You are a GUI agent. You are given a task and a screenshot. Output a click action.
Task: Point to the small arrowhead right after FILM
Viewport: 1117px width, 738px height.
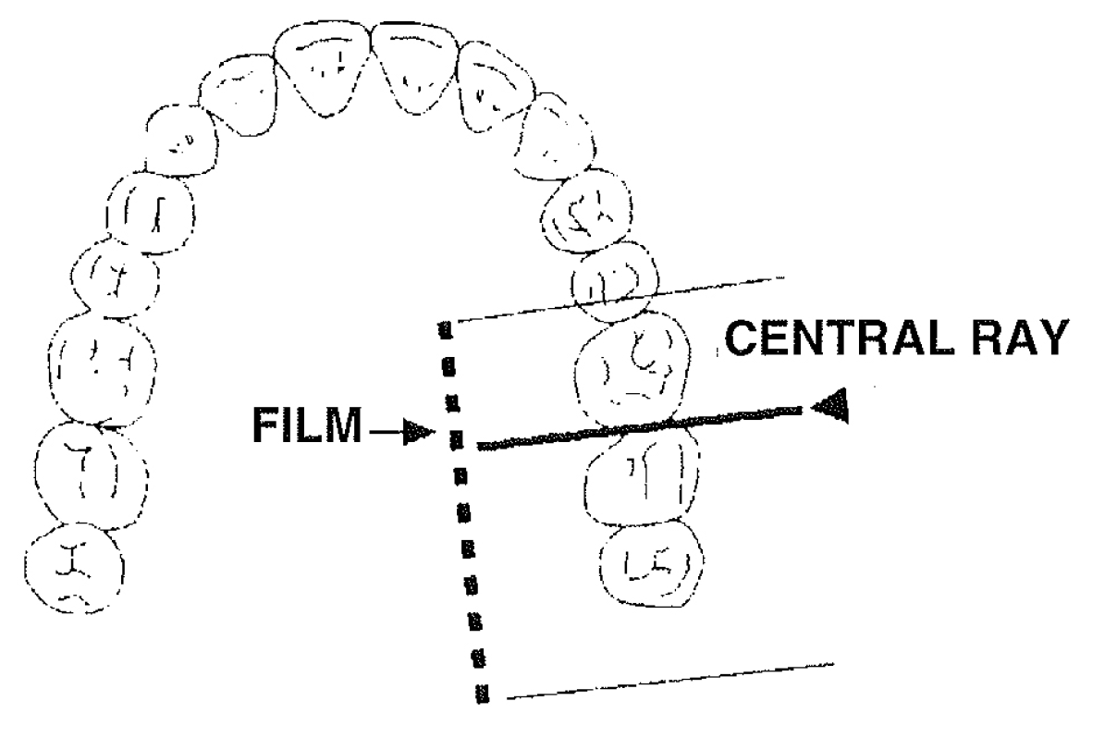[418, 432]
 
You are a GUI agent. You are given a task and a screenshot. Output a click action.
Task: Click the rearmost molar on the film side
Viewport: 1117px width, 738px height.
[648, 561]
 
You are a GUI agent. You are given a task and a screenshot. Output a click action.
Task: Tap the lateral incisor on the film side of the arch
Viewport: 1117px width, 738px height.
[498, 88]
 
